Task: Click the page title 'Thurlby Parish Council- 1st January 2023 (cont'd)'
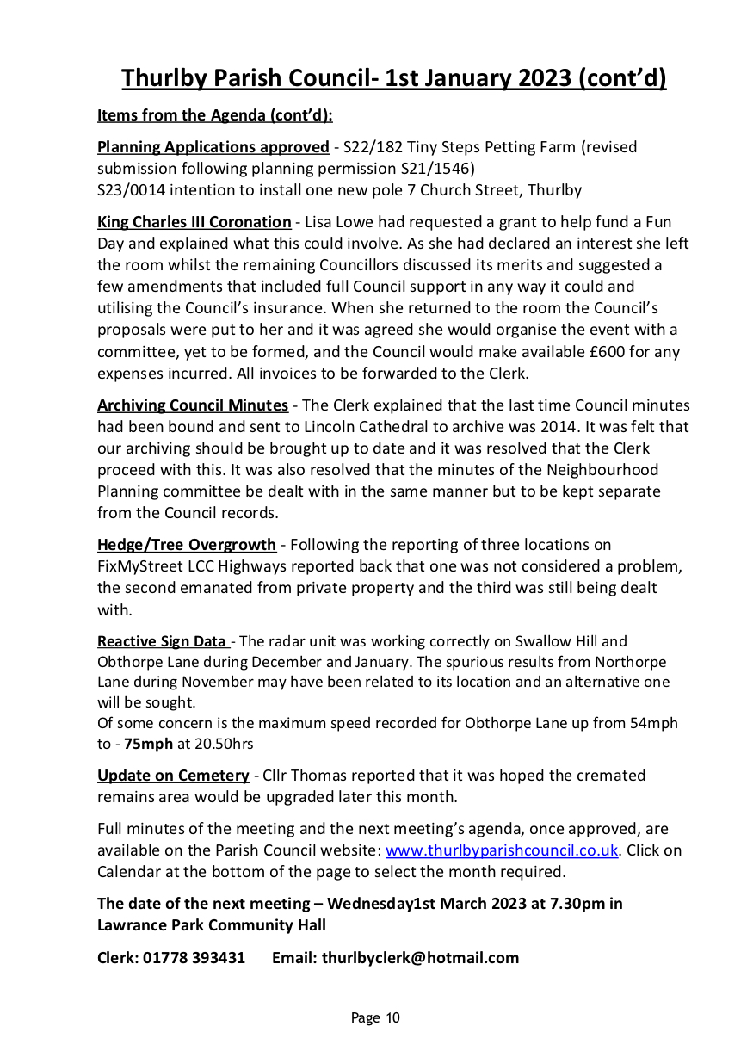(393, 77)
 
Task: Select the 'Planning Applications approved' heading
(213, 147)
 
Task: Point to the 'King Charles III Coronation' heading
(194, 222)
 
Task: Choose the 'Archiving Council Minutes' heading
(193, 405)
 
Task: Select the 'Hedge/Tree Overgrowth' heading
(187, 545)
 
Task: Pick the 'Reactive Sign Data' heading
(162, 641)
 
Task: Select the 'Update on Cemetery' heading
(173, 776)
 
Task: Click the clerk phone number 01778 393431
(195, 958)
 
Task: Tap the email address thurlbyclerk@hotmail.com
(420, 958)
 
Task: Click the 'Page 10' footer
(375, 1018)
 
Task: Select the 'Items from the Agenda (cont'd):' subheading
(214, 115)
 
